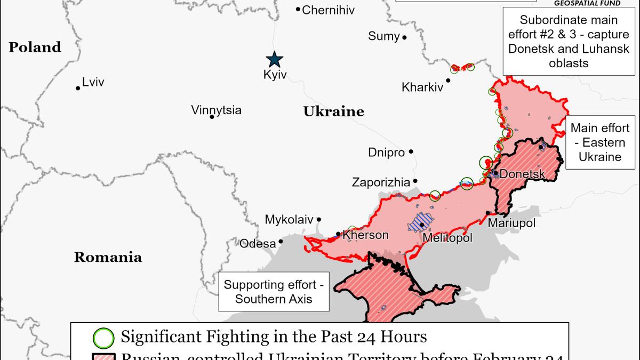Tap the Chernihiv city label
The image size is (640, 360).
point(328,10)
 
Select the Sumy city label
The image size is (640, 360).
point(383,36)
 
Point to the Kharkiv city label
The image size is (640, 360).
point(422,87)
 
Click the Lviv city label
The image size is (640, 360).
point(93,82)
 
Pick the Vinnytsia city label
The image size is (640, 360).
point(216,110)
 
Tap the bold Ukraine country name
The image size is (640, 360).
point(334,111)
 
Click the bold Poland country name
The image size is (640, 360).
point(35,47)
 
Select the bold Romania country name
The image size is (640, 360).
point(108,258)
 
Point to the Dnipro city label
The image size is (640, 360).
point(386,153)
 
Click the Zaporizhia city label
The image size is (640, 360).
point(381,182)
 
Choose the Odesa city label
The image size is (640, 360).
point(258,244)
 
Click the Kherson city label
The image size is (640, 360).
point(365,235)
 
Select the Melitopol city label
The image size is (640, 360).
point(447,238)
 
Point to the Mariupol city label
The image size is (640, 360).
point(511,223)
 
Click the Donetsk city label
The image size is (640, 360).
point(523,174)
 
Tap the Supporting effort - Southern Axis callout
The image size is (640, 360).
point(274,292)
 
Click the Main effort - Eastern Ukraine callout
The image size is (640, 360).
point(600,142)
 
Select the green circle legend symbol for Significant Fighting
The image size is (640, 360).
point(103,337)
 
